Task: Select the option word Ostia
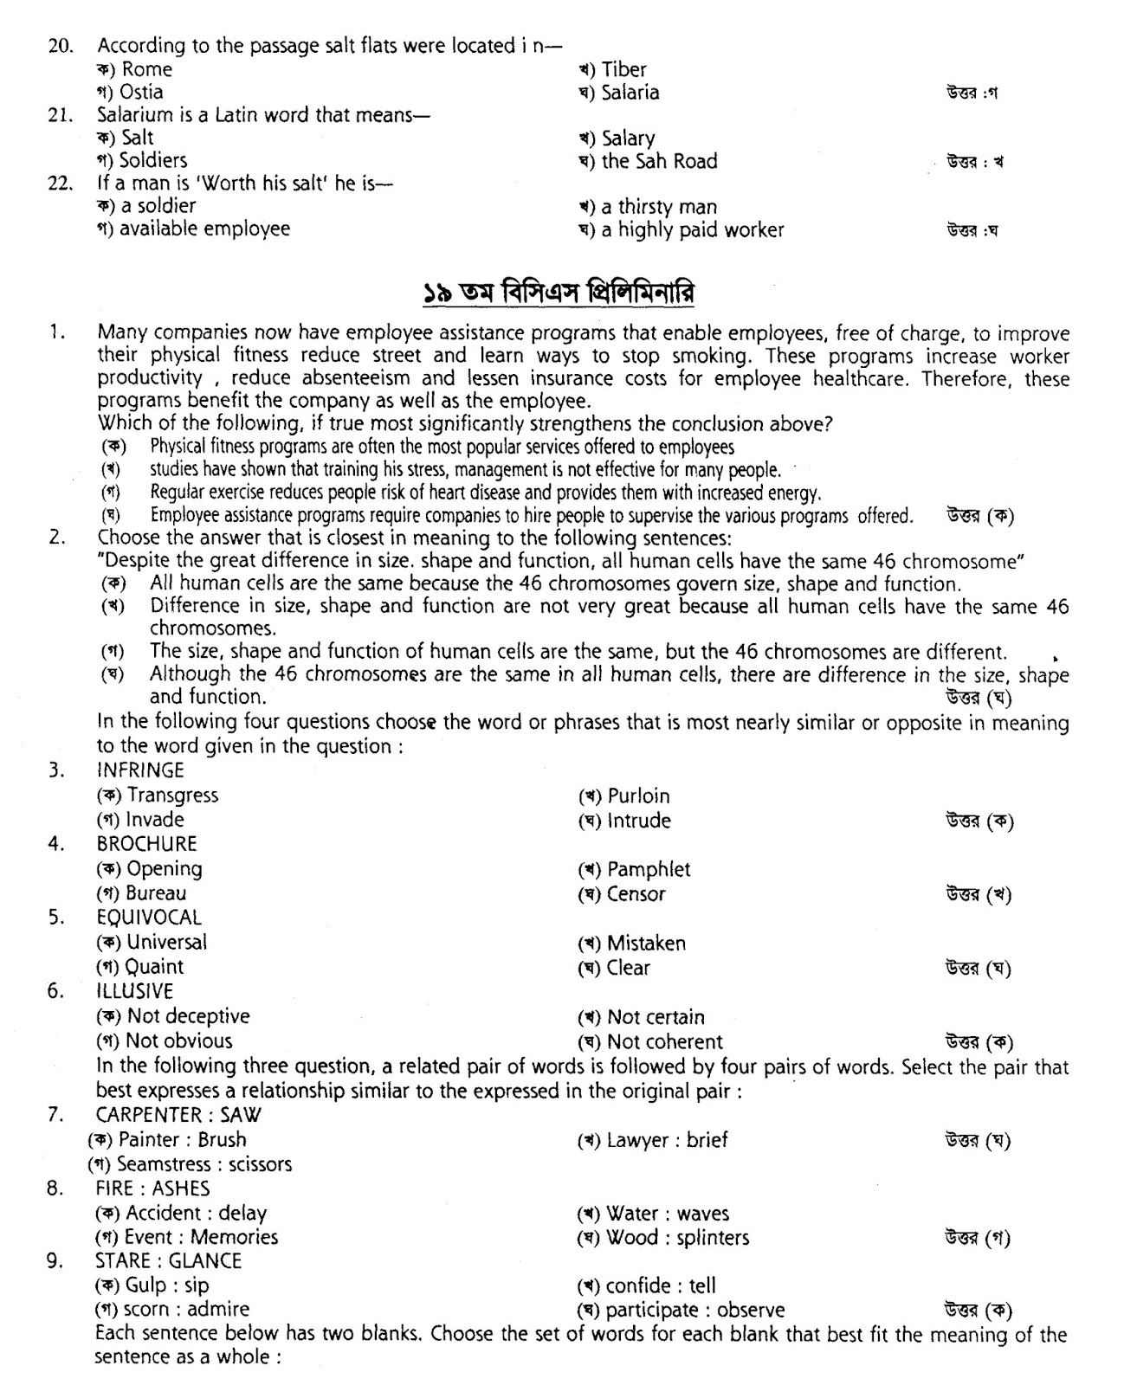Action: click(141, 92)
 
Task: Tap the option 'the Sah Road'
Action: click(659, 161)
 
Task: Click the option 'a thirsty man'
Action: click(658, 207)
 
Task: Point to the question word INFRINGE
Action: click(140, 770)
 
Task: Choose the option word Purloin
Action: click(638, 796)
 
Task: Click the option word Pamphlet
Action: click(649, 869)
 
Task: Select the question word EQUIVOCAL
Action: click(149, 918)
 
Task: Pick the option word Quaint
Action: click(154, 967)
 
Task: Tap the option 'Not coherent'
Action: click(664, 1042)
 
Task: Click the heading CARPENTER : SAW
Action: click(178, 1115)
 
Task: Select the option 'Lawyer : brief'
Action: click(667, 1140)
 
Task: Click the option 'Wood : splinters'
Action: click(677, 1238)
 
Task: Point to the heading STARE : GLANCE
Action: click(168, 1261)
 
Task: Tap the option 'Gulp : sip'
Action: click(167, 1285)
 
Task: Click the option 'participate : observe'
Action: click(694, 1311)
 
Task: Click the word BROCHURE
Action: click(146, 844)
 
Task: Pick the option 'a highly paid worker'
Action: click(692, 230)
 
